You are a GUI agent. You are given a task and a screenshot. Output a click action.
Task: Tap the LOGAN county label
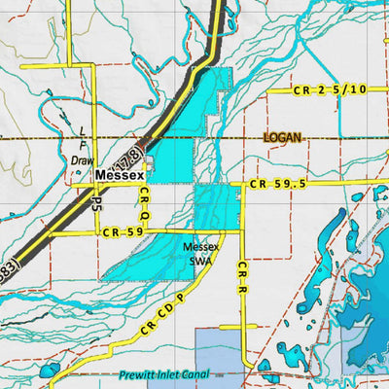(283, 138)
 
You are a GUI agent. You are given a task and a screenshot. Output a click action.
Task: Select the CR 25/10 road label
(330, 89)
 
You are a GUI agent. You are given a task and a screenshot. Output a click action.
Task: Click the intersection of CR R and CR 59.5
(243, 184)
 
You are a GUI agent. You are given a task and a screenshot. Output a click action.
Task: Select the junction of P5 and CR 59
(96, 232)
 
